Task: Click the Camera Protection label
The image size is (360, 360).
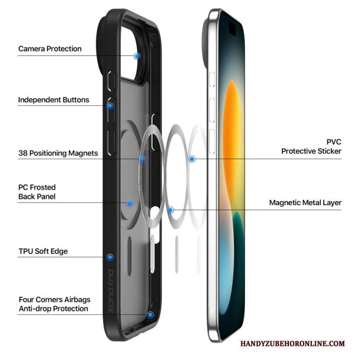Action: pyautogui.click(x=50, y=49)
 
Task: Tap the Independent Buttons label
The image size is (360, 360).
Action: pyautogui.click(x=54, y=100)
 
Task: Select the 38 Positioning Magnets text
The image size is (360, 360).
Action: pyautogui.click(x=58, y=153)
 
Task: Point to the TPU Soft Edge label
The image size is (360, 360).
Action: pyautogui.click(x=43, y=251)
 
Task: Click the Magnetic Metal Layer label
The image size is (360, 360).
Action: pyautogui.click(x=305, y=203)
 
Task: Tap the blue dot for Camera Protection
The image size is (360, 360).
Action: pyautogui.click(x=137, y=56)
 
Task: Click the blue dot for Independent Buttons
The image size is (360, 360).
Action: pyautogui.click(x=110, y=106)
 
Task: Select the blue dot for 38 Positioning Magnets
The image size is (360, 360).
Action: pyautogui.click(x=142, y=159)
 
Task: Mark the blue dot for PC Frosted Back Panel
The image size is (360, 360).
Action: pyautogui.click(x=130, y=203)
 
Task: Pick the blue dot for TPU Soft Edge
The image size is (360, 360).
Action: pyautogui.click(x=110, y=257)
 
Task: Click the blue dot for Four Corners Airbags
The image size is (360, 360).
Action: pyautogui.click(x=150, y=315)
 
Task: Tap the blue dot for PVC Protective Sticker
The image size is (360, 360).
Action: pyautogui.click(x=192, y=159)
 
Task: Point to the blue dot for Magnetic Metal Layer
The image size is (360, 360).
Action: pyautogui.click(x=170, y=209)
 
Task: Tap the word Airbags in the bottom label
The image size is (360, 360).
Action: pyautogui.click(x=76, y=299)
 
